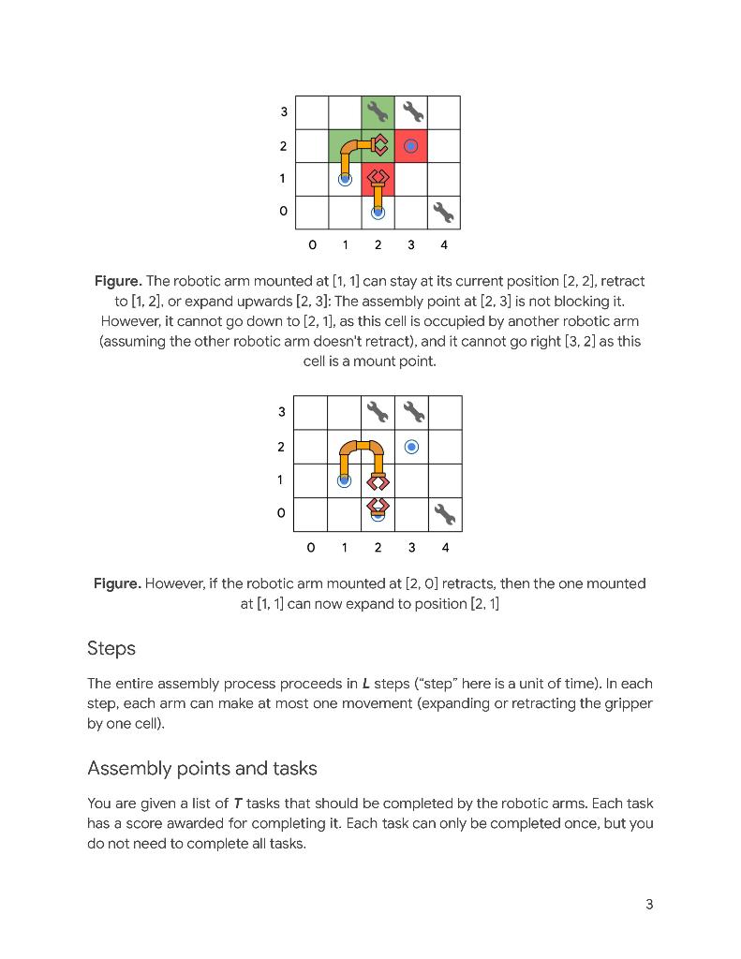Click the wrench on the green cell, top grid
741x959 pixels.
378,112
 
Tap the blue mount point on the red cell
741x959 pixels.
410,145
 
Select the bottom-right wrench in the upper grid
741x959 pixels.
443,213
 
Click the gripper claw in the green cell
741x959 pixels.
379,145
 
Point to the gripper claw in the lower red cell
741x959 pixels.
378,177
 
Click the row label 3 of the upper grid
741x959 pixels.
284,112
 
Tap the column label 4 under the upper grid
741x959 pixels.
444,245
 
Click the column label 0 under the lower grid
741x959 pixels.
311,547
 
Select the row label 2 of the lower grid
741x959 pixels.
282,447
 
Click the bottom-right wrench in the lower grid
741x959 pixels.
444,514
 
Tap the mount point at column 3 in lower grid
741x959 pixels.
411,447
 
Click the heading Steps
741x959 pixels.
111,648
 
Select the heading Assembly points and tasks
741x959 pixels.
202,768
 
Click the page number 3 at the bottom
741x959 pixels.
649,904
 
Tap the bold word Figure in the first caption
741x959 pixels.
118,281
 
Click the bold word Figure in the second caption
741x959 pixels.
117,583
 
